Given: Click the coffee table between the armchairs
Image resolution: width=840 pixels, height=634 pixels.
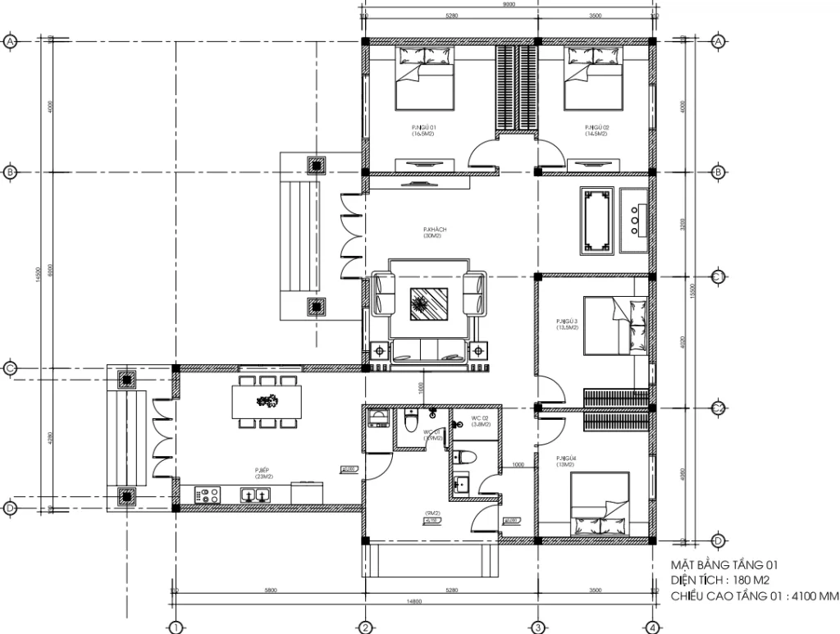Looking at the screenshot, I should (426, 306).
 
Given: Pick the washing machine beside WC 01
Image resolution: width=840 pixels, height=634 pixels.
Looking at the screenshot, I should (379, 419).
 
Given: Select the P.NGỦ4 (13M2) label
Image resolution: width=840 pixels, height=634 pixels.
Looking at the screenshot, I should (567, 461).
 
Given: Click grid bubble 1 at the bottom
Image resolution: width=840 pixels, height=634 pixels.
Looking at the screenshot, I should (175, 627).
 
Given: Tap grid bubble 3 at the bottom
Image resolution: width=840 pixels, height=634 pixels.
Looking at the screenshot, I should (538, 627).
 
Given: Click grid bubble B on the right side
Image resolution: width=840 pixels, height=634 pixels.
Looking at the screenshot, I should (717, 172).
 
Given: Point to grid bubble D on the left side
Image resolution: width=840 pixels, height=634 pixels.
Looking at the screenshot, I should (11, 509).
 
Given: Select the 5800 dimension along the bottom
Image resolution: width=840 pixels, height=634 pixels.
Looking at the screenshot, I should (271, 590).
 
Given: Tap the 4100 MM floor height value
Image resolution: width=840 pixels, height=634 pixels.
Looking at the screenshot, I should (812, 595).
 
